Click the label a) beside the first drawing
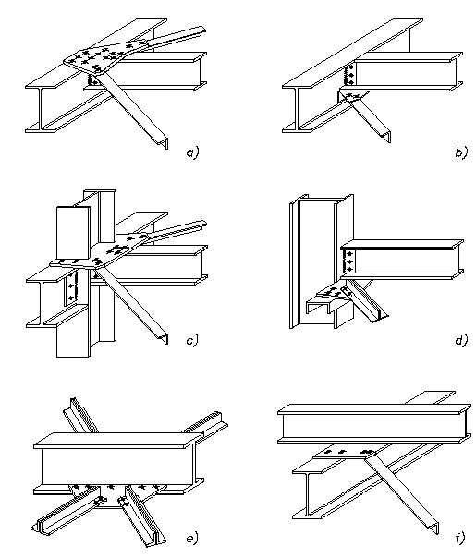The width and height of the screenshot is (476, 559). (191, 154)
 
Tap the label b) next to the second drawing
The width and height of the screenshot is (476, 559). (460, 154)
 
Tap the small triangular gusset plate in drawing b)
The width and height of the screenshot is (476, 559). (351, 94)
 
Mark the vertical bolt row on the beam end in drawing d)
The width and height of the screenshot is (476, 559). (348, 260)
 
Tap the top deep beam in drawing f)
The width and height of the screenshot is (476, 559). (370, 426)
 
